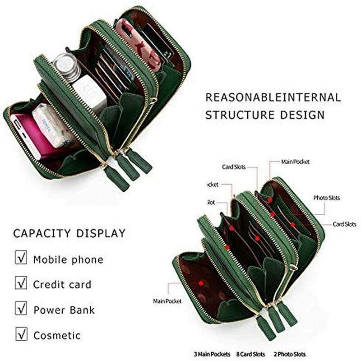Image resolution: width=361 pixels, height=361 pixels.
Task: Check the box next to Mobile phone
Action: (21, 258)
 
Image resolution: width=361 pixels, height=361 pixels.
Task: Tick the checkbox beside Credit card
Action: (21, 283)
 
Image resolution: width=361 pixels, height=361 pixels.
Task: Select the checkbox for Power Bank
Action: (21, 309)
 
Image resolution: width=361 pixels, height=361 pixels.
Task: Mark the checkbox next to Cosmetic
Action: (21, 334)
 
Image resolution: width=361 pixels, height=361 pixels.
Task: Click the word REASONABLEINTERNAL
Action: (273, 97)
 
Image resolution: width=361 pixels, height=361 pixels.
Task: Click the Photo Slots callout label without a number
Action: (327, 198)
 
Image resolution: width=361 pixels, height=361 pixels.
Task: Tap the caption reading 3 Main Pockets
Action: (212, 354)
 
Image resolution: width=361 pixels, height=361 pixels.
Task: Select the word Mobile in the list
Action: (50, 259)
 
